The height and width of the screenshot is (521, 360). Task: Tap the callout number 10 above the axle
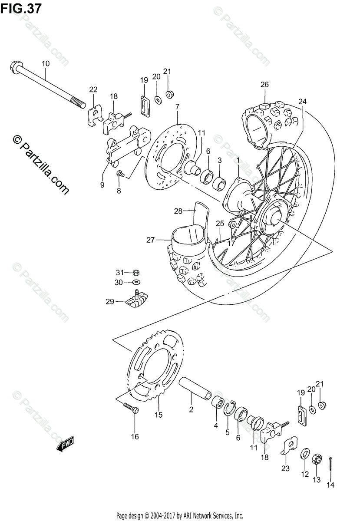(x=46, y=64)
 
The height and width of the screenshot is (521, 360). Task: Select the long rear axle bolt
(x=48, y=86)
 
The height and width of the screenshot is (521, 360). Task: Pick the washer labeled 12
(x=304, y=454)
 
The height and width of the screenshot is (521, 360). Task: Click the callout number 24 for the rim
(x=302, y=102)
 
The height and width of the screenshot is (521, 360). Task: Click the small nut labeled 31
(x=135, y=272)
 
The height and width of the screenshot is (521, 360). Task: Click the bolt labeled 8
(x=121, y=174)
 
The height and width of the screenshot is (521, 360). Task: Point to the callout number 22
(x=93, y=89)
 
